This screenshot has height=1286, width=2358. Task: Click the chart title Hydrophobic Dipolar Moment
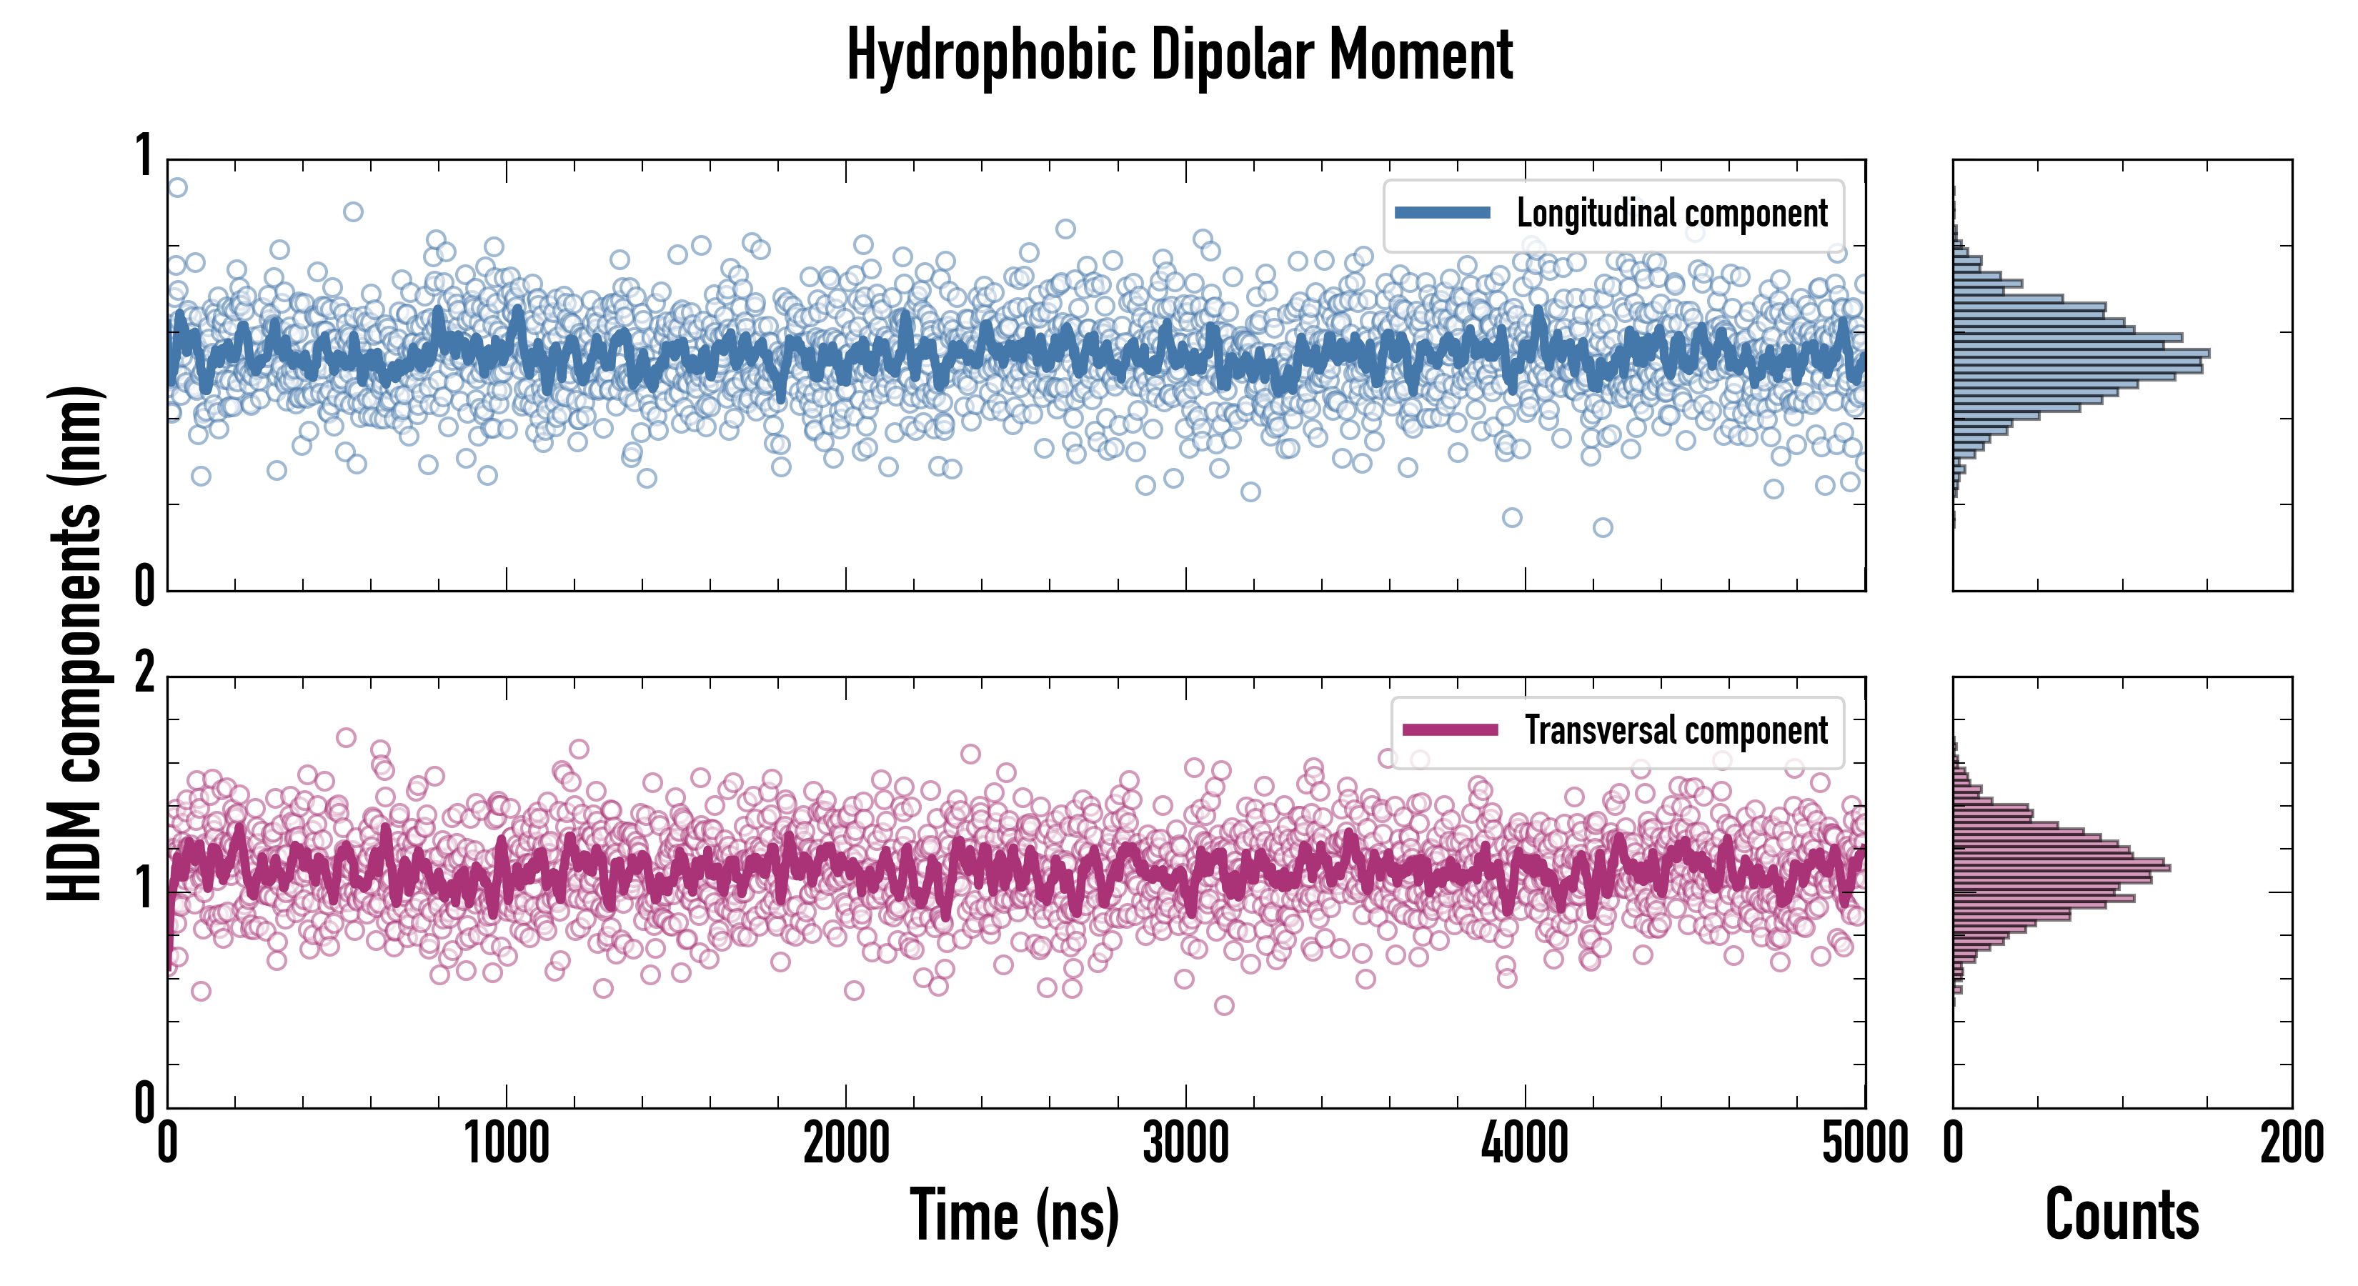1179,55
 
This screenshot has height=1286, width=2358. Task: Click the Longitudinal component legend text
1671,214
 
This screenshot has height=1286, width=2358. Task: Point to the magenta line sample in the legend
1450,730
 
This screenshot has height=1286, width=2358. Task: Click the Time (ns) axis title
1014,1215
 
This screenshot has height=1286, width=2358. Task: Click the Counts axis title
2121,1215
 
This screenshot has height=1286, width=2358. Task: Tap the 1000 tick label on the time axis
506,1143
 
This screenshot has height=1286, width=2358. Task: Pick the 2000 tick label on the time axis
846,1143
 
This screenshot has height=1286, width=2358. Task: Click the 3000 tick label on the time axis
1185,1143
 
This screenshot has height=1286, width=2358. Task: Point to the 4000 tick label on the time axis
1525,1143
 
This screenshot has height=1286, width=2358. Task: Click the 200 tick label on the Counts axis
2291,1143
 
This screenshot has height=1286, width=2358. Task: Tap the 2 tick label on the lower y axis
144,674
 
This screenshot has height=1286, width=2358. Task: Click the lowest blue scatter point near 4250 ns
1602,527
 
